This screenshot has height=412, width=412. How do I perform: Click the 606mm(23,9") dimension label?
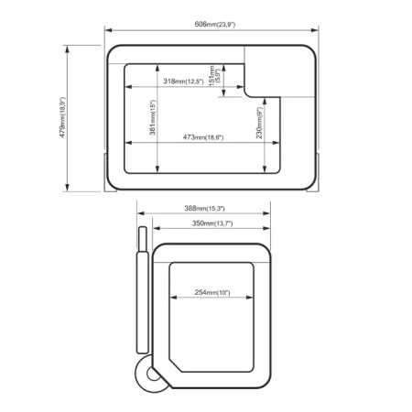coord(215,24)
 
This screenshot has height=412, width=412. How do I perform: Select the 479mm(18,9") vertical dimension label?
coord(62,117)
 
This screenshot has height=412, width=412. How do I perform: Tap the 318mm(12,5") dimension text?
coord(183,81)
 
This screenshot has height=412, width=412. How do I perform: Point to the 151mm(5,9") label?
coord(214,76)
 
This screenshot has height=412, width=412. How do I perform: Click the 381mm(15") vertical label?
coord(153,117)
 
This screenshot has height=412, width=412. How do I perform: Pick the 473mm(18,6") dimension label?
coord(203,137)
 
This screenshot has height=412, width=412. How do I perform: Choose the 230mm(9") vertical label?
coord(259,123)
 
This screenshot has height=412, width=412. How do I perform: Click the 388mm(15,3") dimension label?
coord(204,209)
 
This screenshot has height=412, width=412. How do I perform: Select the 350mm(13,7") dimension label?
coord(212,223)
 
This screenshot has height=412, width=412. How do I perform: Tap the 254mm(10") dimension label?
coord(212,292)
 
